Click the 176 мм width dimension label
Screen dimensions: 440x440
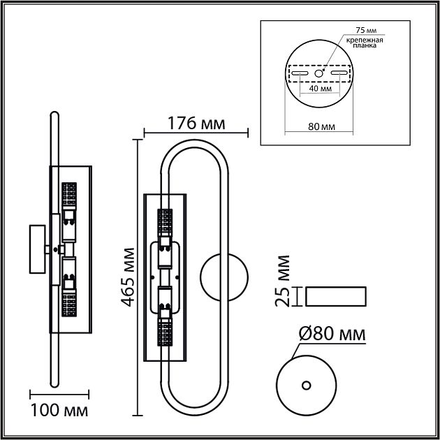tap(196, 123)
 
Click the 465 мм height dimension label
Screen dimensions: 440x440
tap(126, 277)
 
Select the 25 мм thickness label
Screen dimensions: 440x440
tap(283, 281)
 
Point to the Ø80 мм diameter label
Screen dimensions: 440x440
tap(332, 335)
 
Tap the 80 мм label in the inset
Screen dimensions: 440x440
tap(320, 127)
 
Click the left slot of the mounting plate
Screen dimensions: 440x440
tap(299, 73)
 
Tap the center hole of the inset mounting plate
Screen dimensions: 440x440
tap(318, 73)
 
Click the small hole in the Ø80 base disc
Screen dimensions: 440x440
tap(305, 385)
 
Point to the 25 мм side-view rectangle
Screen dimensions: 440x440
tap(337, 296)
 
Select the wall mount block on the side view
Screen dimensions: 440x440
tap(36, 249)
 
